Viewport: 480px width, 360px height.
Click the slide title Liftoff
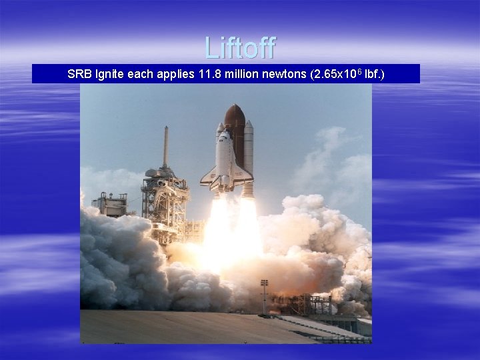coord(240,48)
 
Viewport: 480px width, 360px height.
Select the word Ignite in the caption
coord(109,74)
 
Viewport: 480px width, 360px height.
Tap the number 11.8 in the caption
coord(209,74)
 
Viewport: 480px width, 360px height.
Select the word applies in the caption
coord(175,74)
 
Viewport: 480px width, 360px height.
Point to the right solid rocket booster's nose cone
coord(249,125)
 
